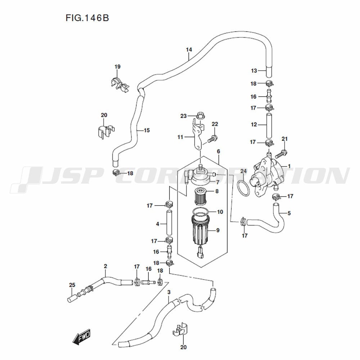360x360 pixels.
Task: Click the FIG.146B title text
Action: (x=87, y=18)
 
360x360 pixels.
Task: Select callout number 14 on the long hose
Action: (x=189, y=50)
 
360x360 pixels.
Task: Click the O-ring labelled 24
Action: (x=243, y=188)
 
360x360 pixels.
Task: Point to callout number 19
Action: (x=117, y=67)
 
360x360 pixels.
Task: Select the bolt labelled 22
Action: (x=213, y=139)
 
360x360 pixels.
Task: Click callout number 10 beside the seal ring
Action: (x=220, y=212)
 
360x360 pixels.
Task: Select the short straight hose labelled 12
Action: (x=269, y=125)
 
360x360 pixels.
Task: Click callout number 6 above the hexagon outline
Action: (x=219, y=151)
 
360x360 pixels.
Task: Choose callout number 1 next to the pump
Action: (x=289, y=166)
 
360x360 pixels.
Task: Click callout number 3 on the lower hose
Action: (x=169, y=292)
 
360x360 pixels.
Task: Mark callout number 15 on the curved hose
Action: (x=147, y=130)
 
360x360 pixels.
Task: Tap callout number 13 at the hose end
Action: (x=254, y=71)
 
